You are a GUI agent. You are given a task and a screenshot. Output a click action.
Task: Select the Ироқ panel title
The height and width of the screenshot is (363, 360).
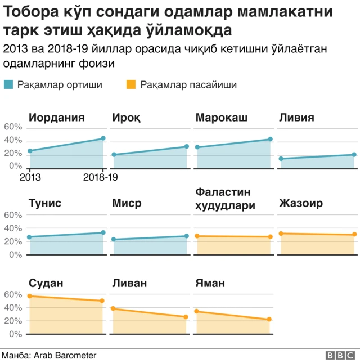[127, 118]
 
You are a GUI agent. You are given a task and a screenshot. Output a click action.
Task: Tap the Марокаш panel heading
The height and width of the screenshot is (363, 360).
[222, 118]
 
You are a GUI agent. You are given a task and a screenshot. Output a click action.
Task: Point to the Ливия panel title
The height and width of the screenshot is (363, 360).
[296, 118]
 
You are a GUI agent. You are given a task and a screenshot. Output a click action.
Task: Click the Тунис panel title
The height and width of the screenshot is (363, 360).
[45, 203]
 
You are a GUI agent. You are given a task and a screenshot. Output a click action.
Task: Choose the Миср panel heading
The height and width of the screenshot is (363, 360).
[127, 203]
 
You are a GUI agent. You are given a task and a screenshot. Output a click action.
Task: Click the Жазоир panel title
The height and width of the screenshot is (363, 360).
[301, 203]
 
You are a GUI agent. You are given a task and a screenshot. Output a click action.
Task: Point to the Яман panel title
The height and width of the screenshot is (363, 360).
[210, 283]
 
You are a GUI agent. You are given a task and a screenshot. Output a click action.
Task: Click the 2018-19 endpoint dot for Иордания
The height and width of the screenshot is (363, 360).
[103, 138]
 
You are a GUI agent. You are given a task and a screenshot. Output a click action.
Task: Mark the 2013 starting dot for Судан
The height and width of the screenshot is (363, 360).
[30, 296]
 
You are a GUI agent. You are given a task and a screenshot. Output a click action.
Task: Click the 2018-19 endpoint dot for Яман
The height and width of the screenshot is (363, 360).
[270, 320]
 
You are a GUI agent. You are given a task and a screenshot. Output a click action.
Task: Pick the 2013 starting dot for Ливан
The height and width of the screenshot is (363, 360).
[113, 308]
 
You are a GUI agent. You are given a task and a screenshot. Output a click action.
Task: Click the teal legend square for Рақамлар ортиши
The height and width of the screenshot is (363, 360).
[8, 85]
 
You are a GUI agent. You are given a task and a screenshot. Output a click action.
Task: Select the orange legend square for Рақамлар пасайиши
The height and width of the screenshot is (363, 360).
[130, 85]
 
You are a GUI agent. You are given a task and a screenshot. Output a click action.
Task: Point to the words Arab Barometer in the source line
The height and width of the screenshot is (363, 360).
[65, 355]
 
